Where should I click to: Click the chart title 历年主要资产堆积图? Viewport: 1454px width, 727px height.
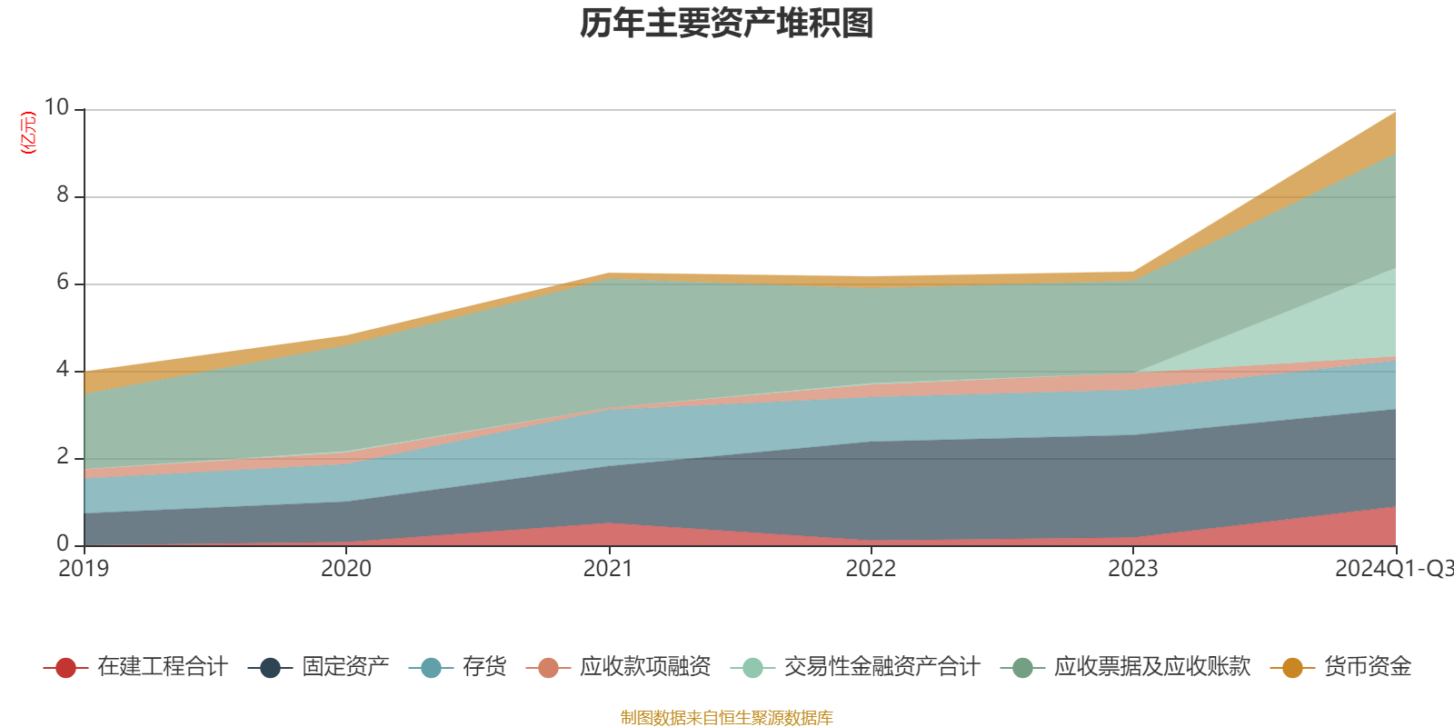click(x=727, y=25)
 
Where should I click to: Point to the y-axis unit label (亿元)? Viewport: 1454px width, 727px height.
click(x=29, y=133)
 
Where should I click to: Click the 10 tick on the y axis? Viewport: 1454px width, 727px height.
click(x=56, y=108)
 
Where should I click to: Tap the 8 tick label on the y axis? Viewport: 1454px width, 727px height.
click(x=63, y=195)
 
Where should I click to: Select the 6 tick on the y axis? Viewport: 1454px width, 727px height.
click(x=63, y=283)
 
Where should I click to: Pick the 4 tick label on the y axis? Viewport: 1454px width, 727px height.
click(x=63, y=370)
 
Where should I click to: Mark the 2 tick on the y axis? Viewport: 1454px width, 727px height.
click(x=63, y=457)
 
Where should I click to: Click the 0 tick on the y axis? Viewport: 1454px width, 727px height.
click(x=63, y=544)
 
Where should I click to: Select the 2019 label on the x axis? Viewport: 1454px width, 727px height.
click(x=84, y=569)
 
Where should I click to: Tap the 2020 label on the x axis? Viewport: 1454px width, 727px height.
click(x=346, y=569)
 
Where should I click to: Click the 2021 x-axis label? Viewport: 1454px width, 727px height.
click(x=608, y=569)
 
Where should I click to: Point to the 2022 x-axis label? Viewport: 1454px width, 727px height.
click(x=871, y=569)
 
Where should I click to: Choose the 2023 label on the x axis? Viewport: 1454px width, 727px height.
click(x=1132, y=569)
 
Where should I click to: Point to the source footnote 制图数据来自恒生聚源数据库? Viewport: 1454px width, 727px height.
click(x=727, y=718)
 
